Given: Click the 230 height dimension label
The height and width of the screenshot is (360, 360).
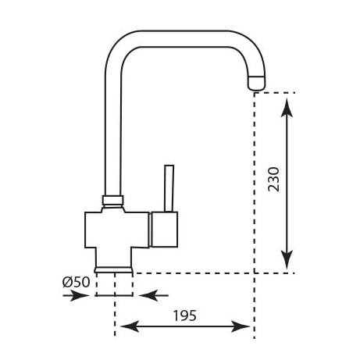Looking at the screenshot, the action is pyautogui.click(x=273, y=180).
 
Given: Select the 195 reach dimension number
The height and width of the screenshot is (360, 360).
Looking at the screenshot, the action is pyautogui.click(x=185, y=315).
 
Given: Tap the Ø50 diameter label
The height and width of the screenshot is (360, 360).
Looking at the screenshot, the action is pyautogui.click(x=76, y=282).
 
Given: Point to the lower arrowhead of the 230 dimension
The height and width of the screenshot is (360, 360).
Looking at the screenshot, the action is pyautogui.click(x=287, y=259).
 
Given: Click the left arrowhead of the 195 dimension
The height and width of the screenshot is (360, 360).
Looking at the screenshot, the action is pyautogui.click(x=130, y=326).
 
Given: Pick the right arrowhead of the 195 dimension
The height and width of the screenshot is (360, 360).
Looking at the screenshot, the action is pyautogui.click(x=241, y=326).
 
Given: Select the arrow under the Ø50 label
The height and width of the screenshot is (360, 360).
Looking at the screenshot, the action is pyautogui.click(x=76, y=296).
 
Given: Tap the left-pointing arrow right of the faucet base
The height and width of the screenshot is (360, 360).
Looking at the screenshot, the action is pyautogui.click(x=154, y=295).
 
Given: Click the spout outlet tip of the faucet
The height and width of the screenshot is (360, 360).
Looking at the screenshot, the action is pyautogui.click(x=257, y=84).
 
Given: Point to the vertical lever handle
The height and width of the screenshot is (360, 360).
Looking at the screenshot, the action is pyautogui.click(x=169, y=188).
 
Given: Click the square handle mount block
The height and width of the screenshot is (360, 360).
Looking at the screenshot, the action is pyautogui.click(x=165, y=230).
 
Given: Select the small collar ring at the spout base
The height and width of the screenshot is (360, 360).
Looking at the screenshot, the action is pyautogui.click(x=112, y=200).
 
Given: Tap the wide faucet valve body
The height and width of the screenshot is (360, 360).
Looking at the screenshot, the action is pyautogui.click(x=117, y=230).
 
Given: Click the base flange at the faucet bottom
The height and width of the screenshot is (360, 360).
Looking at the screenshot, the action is pyautogui.click(x=114, y=270).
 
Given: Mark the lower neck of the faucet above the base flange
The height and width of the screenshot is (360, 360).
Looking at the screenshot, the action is pyautogui.click(x=114, y=257).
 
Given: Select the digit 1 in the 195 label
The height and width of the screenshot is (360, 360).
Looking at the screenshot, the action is pyautogui.click(x=176, y=315).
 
